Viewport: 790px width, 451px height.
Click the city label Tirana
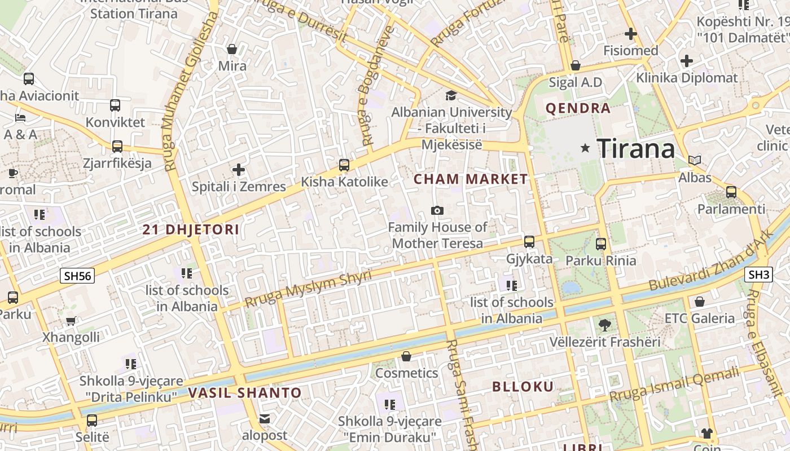coord(635,149)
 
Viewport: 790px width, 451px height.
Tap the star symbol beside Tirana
coord(585,148)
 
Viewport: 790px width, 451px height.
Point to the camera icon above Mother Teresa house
coord(437,210)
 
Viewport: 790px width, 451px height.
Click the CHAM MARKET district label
coord(471,179)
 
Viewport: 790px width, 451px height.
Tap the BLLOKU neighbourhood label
coord(523,387)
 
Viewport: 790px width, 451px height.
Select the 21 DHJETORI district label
coord(191,229)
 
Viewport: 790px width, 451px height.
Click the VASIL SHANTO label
coord(245,392)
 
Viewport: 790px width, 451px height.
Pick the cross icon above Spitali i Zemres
coord(239,169)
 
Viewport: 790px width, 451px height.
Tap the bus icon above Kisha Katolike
coord(344,165)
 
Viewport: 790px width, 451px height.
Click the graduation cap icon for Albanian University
coord(451,95)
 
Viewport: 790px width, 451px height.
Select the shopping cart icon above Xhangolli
coord(71,321)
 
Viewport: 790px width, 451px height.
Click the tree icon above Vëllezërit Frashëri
coord(604,325)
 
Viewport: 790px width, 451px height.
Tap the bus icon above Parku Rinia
coord(601,244)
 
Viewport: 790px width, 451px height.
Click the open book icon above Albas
coord(695,161)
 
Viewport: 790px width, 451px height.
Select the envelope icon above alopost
coord(264,419)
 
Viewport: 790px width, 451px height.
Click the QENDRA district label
coord(578,108)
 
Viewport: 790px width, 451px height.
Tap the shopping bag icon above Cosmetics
coord(406,356)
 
